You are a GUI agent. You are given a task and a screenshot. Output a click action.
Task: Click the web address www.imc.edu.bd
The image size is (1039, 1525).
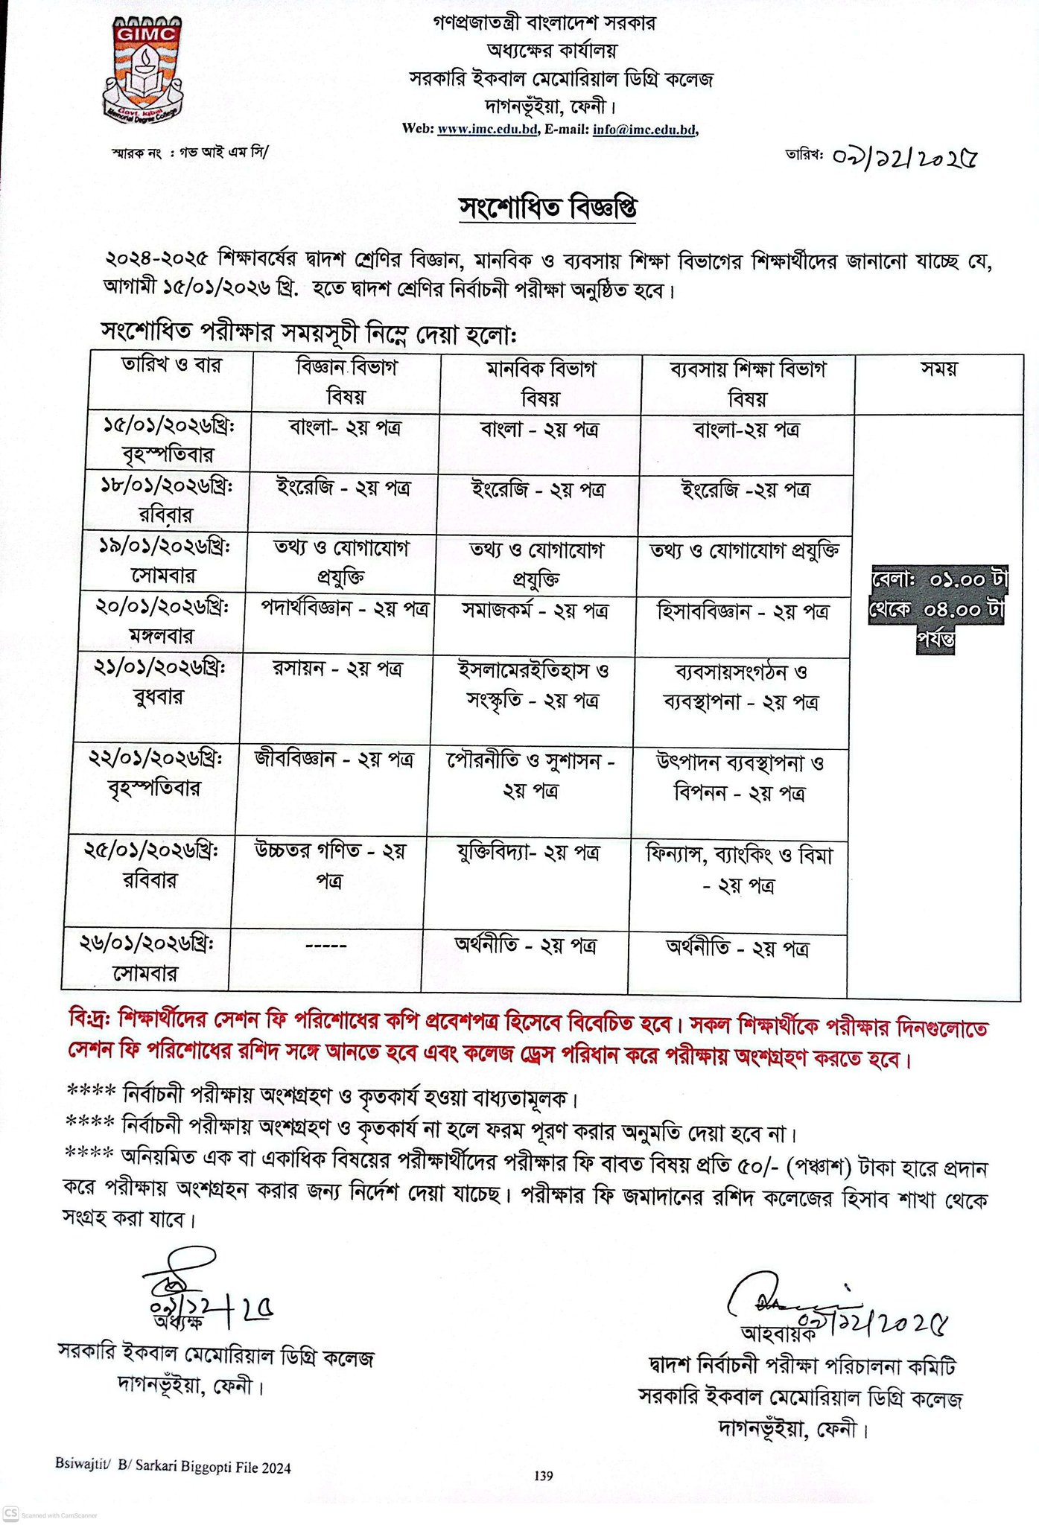(487, 129)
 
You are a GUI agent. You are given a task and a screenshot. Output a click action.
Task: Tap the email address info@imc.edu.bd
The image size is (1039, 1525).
(644, 129)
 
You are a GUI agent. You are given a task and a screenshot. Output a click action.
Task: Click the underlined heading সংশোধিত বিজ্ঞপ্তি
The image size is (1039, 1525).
(547, 208)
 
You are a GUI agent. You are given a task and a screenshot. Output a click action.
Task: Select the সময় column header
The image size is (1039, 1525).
(938, 369)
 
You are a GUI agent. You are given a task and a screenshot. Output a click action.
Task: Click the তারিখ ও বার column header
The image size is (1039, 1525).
(171, 366)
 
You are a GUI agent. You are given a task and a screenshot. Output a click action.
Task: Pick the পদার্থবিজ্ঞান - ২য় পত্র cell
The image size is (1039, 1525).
(344, 608)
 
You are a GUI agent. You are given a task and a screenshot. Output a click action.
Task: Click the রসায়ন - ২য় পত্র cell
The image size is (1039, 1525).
(337, 669)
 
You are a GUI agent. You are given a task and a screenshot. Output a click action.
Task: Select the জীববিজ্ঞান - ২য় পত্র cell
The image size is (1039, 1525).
(334, 760)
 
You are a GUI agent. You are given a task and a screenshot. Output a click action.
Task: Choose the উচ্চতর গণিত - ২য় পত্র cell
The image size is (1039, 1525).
(330, 865)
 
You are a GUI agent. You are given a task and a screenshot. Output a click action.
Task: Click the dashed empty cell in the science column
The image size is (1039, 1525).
(326, 946)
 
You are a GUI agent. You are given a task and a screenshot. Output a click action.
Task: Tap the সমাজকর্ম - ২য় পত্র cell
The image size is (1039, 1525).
(535, 611)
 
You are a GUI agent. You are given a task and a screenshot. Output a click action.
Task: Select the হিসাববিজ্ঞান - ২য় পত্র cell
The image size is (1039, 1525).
(743, 612)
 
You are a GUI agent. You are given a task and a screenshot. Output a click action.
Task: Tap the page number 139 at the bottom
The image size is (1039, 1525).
(544, 1475)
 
